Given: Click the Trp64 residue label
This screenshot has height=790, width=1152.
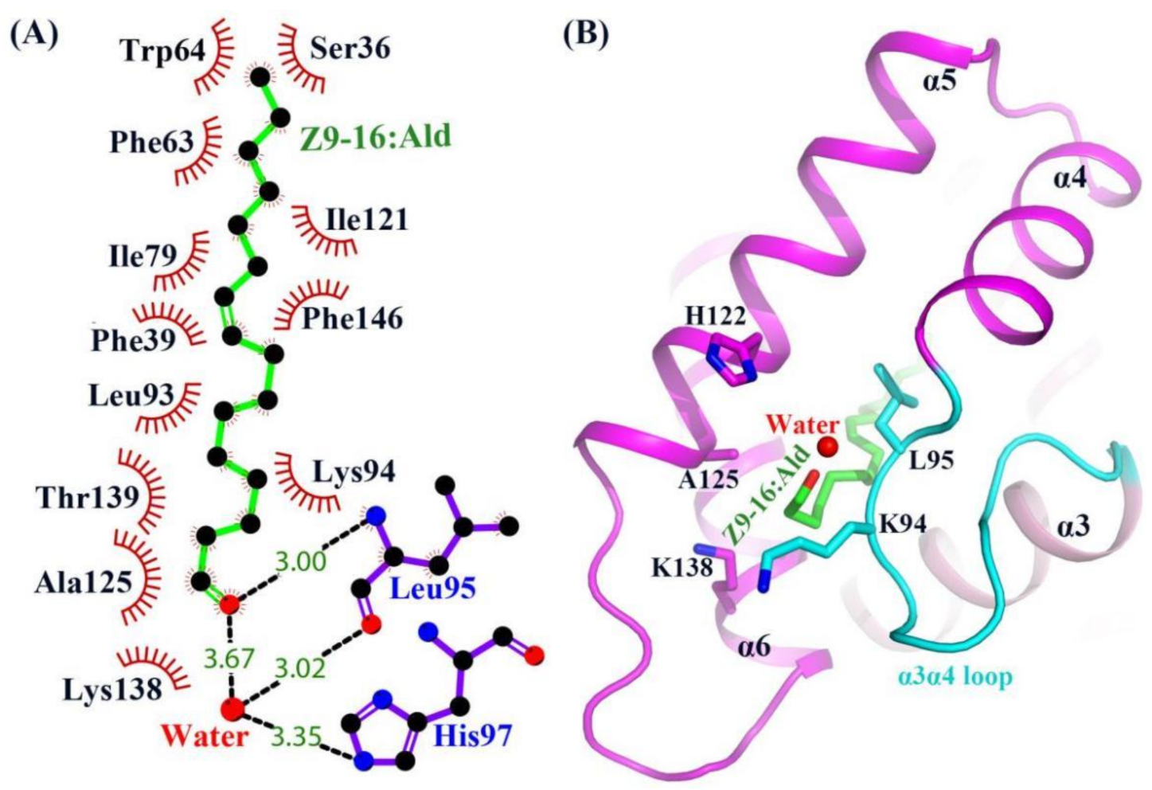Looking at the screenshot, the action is coord(162,51).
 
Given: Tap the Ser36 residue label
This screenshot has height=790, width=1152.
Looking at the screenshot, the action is coord(350,49).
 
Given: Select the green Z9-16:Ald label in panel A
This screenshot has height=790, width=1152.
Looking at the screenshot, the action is coord(375,137).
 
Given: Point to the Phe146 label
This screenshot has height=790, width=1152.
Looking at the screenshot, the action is coord(352,319).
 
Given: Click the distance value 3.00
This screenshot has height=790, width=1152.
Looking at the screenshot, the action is coord(301,561).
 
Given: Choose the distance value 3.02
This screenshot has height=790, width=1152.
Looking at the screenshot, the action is coord(301,667).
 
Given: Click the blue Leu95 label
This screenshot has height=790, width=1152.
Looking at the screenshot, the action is coord(432,589).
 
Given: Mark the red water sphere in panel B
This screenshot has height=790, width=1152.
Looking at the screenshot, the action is coord(829,447).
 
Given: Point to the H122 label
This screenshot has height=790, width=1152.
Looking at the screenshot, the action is coord(717,316).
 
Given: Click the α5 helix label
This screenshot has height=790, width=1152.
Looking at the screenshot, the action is coord(939,80).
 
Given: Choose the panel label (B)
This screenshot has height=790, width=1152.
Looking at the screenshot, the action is coord(586,34).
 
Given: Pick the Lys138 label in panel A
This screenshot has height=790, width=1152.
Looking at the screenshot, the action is coord(112,690).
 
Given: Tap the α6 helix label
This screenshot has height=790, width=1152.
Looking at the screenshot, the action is coord(753,647).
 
